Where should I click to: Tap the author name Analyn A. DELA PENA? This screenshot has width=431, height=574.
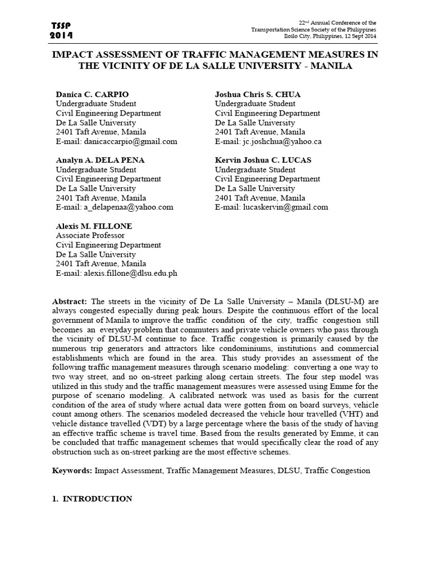pyautogui.click(x=100, y=160)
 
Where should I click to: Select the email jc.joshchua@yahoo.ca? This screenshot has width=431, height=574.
pyautogui.click(x=281, y=141)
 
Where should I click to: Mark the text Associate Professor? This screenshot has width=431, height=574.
pyautogui.click(x=90, y=235)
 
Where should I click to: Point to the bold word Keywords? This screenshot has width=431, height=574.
pyautogui.click(x=74, y=470)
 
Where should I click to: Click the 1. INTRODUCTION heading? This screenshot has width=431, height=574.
pyautogui.click(x=94, y=498)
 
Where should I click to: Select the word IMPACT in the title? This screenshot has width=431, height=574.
pyautogui.click(x=74, y=54)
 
